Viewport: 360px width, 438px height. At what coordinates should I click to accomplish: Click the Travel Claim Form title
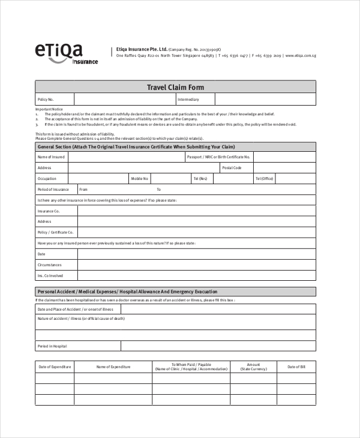175,87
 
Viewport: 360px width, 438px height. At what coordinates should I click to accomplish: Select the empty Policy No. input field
124,100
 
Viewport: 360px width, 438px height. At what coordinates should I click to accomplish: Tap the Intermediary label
188,100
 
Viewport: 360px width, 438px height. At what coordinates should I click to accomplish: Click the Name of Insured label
50,157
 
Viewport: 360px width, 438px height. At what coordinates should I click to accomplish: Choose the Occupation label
47,179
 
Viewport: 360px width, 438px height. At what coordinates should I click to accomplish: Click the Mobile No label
140,179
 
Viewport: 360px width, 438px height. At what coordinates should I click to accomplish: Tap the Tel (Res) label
200,179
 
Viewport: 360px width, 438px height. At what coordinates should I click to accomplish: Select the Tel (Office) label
264,179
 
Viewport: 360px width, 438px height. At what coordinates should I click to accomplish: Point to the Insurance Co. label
49,211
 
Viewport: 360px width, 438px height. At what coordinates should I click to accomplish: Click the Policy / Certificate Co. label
55,232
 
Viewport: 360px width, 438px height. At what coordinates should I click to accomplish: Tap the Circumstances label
49,265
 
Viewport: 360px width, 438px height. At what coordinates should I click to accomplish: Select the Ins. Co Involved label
50,275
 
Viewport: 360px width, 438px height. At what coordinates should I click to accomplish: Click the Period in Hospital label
52,346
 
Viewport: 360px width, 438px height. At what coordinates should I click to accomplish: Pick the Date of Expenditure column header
55,367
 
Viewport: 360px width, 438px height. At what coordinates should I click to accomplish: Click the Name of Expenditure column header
113,367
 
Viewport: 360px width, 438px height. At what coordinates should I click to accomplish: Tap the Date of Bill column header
296,367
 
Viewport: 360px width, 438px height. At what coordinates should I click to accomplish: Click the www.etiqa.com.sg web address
301,55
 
